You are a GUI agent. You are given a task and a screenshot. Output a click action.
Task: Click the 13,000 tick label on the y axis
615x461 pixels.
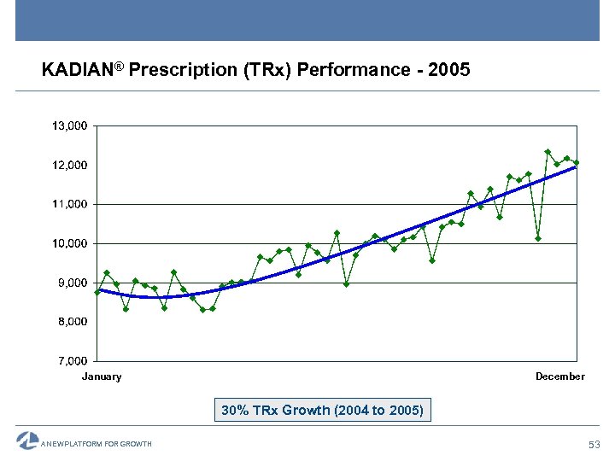click(69, 125)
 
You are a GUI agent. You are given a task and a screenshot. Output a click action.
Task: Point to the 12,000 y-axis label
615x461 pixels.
click(69, 164)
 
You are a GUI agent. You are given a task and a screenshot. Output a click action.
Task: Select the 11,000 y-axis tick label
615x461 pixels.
click(69, 204)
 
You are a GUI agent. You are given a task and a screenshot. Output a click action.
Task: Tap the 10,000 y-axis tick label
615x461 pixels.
click(69, 243)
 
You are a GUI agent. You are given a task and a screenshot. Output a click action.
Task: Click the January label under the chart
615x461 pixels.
click(102, 376)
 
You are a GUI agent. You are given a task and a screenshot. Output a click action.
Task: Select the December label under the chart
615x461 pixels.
click(559, 376)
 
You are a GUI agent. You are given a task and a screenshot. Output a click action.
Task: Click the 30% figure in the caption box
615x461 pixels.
click(235, 411)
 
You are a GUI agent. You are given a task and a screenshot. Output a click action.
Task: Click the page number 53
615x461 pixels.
click(594, 444)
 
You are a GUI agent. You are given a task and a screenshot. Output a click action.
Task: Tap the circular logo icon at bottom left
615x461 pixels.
click(27, 441)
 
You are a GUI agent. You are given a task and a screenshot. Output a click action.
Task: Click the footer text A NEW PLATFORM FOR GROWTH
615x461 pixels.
click(97, 444)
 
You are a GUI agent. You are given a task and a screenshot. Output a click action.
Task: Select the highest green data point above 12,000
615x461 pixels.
click(548, 152)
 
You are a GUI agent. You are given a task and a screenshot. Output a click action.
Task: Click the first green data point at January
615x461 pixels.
click(97, 292)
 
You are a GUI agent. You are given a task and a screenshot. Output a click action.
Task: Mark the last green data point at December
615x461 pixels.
click(577, 162)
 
